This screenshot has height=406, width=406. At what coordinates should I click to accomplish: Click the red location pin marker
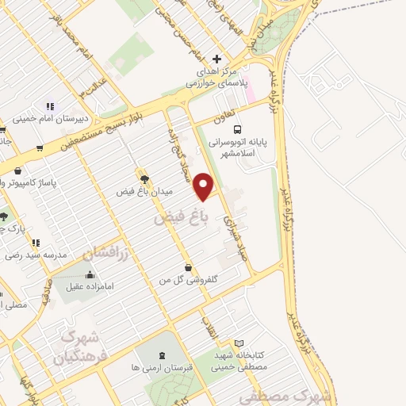(x=205, y=186)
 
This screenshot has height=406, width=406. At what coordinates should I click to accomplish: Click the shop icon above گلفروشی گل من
(x=187, y=267)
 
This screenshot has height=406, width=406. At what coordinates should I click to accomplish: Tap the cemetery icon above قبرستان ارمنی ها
(x=163, y=355)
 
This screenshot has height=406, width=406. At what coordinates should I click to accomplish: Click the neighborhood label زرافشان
(x=99, y=255)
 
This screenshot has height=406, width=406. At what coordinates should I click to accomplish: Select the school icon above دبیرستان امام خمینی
(x=49, y=106)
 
